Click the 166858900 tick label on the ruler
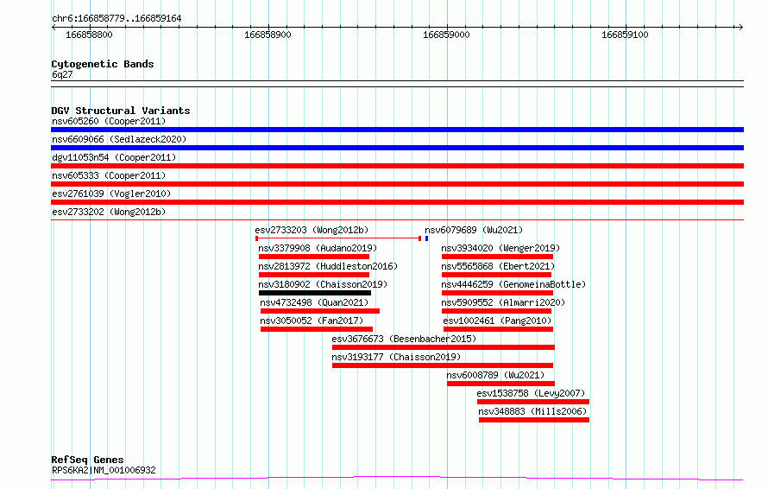(268, 35)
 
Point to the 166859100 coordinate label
(625, 35)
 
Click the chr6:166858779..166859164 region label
(116, 19)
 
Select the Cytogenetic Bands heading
(103, 64)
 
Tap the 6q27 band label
(62, 74)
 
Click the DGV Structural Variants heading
(121, 111)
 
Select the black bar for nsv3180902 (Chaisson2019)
(315, 293)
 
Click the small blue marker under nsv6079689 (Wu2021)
(426, 238)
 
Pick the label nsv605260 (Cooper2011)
(109, 121)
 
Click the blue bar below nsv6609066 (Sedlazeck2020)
(397, 148)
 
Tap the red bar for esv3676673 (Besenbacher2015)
(444, 347)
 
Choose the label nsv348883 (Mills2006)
(532, 411)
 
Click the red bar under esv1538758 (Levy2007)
(533, 402)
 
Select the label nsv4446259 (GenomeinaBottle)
(513, 284)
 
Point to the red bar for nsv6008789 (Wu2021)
(500, 384)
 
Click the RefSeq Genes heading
(87, 460)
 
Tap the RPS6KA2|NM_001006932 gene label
(104, 470)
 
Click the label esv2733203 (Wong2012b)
(312, 230)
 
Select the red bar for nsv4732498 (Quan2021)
(320, 311)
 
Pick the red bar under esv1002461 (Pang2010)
(498, 329)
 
